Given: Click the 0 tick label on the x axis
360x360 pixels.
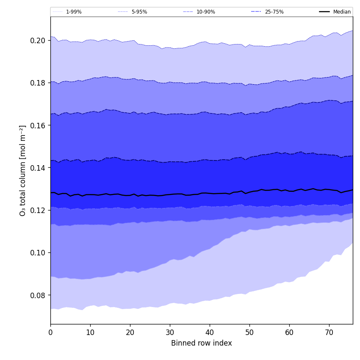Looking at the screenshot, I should (50, 332).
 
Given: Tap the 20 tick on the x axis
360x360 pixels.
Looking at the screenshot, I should (130, 332).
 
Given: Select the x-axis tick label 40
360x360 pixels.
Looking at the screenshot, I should (210, 332).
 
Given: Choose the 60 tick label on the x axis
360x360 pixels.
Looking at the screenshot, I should (289, 332).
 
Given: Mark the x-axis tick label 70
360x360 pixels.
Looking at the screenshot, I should (329, 332).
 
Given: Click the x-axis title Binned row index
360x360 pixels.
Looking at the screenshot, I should (202, 343).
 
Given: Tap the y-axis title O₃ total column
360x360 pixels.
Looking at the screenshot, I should (23, 170).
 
